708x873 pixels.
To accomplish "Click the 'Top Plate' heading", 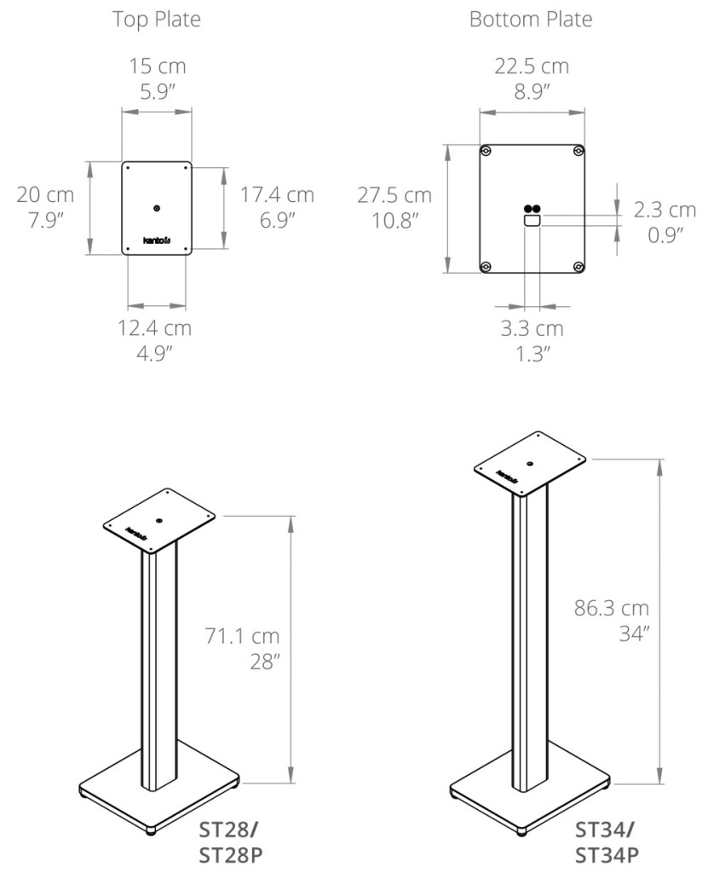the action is (157, 20).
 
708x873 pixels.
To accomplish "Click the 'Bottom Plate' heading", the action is (531, 20).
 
